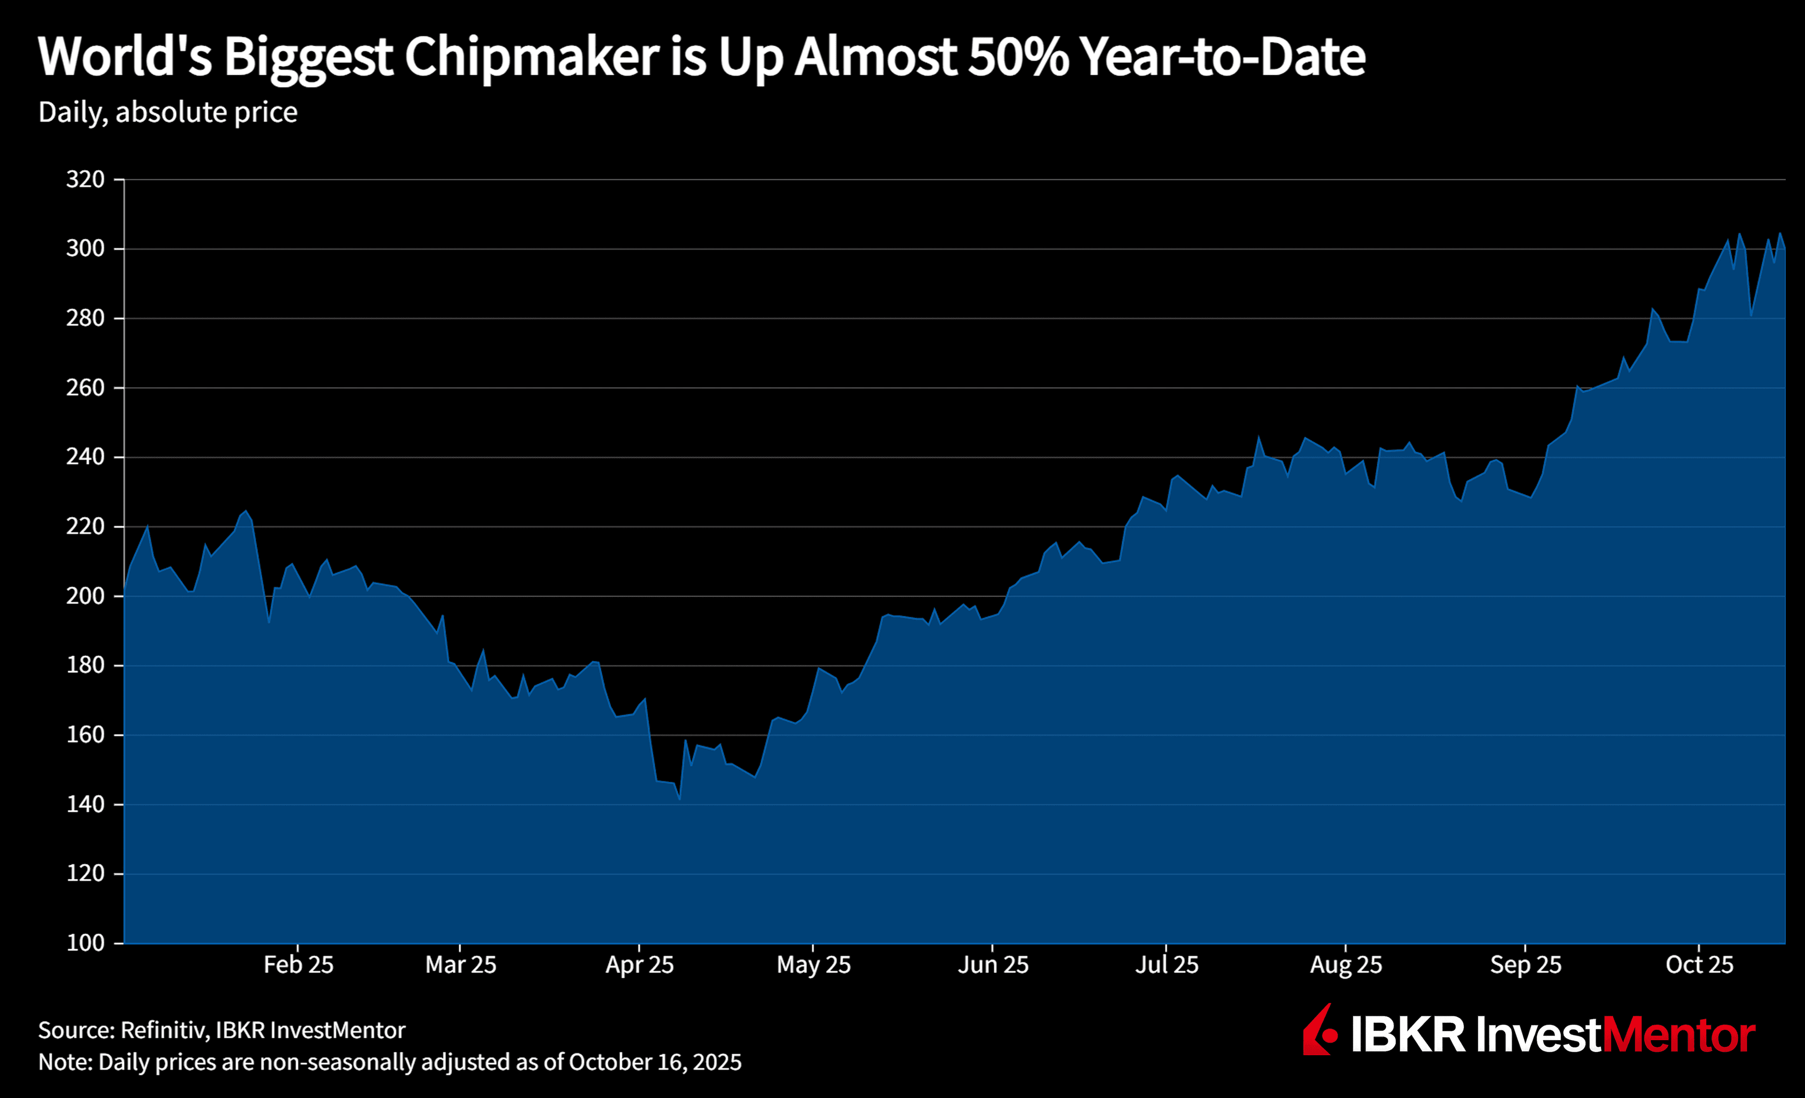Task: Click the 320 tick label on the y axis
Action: coord(85,180)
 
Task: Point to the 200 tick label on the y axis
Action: coord(85,596)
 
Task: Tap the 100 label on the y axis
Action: coord(85,943)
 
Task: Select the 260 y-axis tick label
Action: coord(85,387)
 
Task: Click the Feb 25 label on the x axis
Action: coord(298,965)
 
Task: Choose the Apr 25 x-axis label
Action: coord(639,965)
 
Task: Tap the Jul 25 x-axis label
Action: coord(1166,965)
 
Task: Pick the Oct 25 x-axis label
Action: coord(1700,965)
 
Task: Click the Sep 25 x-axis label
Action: coord(1525,965)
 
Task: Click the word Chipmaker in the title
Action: coord(532,56)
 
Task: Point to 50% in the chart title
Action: coord(1018,56)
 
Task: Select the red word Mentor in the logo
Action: coord(1678,1035)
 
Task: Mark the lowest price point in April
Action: coord(680,799)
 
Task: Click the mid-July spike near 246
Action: coord(1258,437)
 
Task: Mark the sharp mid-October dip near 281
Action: coord(1751,315)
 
